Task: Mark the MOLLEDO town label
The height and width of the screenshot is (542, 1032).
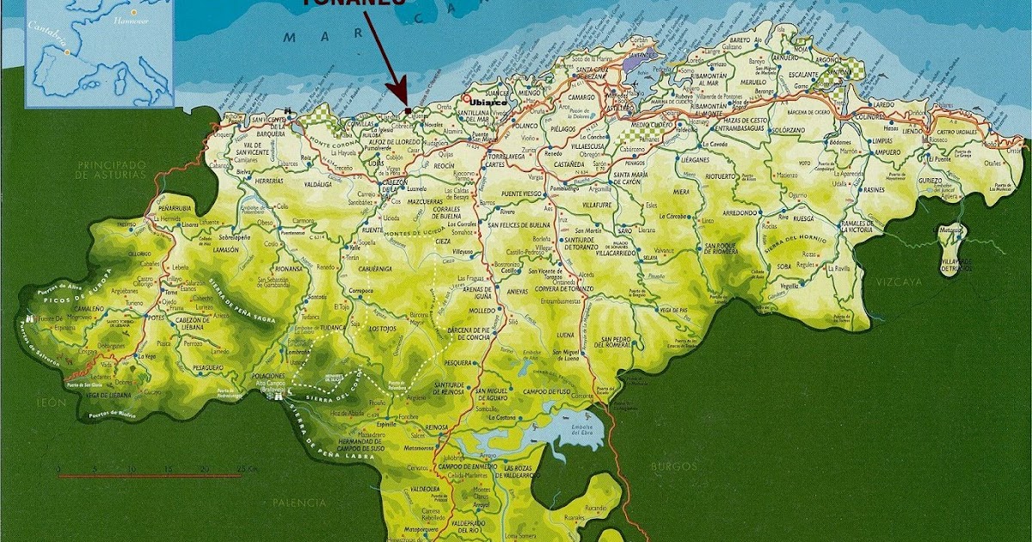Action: [x=483, y=310]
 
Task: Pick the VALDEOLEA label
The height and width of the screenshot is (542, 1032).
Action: [x=427, y=488]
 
